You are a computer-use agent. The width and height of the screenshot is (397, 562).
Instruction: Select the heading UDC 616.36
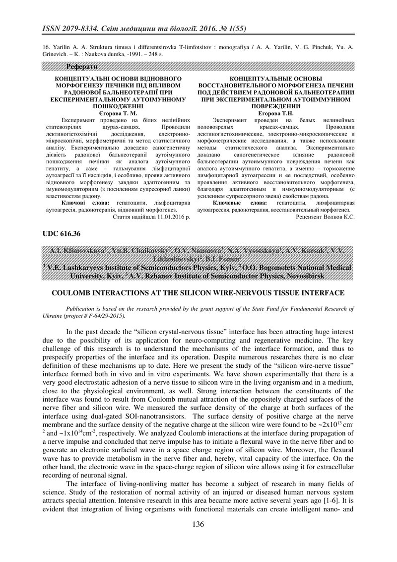[61, 233]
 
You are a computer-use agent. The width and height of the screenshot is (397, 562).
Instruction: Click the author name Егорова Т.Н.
[275, 113]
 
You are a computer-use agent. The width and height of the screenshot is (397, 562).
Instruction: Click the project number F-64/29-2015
[106, 315]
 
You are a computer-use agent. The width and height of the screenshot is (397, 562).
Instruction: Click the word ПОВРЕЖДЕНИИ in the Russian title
[275, 106]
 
